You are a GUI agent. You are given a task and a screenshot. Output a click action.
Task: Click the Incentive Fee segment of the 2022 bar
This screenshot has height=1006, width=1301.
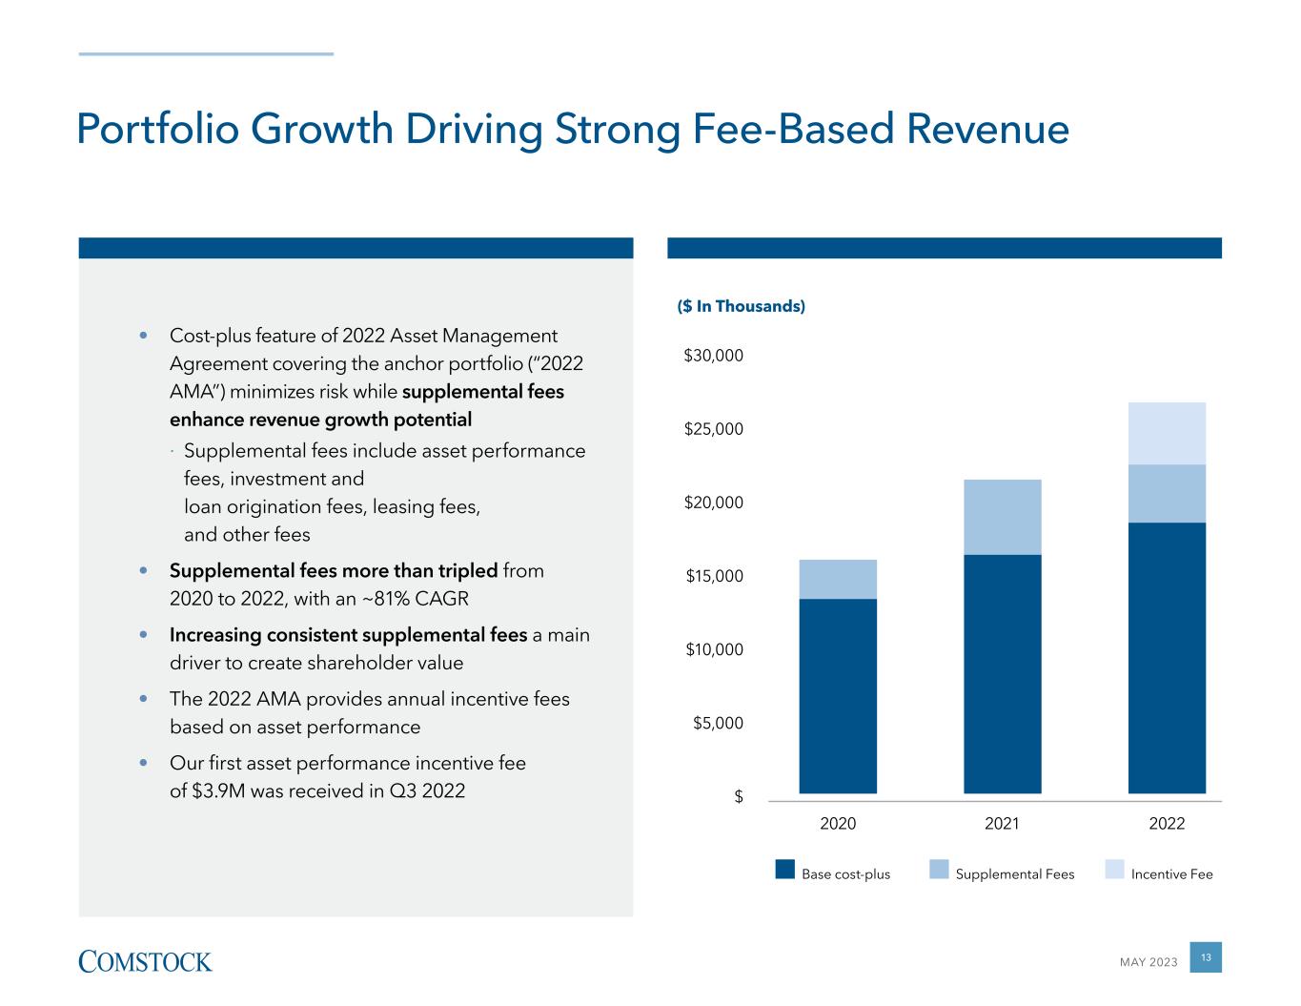1167,433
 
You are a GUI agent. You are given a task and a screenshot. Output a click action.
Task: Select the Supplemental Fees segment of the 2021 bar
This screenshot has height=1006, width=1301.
1002,517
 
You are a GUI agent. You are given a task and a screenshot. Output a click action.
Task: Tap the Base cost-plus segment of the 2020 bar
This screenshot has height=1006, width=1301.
838,695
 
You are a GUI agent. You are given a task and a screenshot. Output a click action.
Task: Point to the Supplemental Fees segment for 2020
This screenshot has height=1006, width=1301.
838,579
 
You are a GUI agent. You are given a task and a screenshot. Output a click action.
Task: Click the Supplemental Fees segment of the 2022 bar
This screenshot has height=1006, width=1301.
1167,493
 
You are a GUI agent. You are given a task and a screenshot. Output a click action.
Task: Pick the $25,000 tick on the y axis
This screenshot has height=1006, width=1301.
713,429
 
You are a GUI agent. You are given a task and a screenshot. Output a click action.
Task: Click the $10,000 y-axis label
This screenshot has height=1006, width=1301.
713,650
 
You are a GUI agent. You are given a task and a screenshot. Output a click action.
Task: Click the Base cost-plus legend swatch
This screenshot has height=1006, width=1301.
785,869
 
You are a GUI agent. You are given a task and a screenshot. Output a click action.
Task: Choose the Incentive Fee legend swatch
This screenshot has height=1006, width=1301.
1114,869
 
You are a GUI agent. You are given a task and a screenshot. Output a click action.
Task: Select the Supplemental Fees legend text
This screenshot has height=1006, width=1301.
1014,874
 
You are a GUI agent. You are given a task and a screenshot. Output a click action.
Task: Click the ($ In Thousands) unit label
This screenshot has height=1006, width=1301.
741,306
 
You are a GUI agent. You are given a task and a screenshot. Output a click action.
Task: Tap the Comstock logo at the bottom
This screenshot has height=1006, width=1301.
145,961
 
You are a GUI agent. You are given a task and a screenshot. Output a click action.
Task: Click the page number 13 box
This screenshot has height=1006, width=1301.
1206,957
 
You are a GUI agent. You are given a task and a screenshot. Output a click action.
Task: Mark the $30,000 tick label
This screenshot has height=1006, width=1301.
713,356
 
